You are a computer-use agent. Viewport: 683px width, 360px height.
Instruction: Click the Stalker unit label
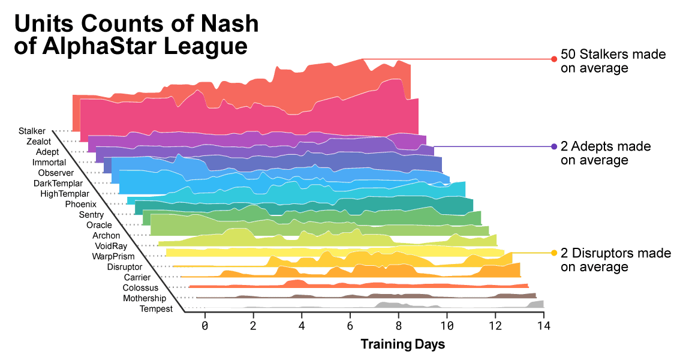tap(32, 131)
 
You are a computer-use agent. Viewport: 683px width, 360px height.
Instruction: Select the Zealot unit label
tap(39, 142)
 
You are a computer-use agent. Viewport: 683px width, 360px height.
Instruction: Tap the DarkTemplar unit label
tap(58, 184)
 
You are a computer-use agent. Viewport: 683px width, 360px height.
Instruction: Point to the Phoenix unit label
tap(80, 205)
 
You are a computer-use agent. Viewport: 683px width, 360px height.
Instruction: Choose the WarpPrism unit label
tap(113, 257)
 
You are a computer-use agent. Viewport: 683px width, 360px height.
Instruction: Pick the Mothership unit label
tap(145, 299)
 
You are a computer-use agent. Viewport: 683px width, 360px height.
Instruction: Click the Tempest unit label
tap(156, 309)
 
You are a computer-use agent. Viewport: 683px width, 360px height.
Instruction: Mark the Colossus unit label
tap(140, 288)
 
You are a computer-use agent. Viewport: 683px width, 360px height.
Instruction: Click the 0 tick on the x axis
tap(204, 326)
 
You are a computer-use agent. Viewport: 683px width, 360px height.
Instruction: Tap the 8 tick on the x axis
tap(399, 326)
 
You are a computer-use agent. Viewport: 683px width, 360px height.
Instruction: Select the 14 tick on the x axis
tap(544, 326)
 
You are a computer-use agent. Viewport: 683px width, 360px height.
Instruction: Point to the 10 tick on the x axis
tap(447, 326)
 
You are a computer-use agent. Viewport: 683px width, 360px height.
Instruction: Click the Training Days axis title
tap(403, 344)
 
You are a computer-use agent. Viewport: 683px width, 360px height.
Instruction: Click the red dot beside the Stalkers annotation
tap(554, 59)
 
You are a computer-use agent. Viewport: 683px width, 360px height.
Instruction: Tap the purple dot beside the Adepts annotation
tap(554, 146)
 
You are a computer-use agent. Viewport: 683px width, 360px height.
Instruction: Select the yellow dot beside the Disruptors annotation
tap(554, 253)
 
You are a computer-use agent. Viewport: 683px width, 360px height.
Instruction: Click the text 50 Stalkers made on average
tap(613, 61)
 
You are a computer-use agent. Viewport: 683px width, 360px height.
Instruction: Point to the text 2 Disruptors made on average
tap(616, 260)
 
